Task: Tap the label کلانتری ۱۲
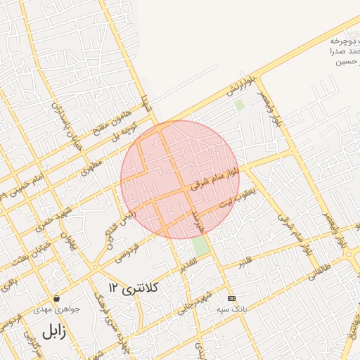pos(134,287)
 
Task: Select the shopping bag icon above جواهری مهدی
pos(56,298)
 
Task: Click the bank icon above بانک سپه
pos(231,297)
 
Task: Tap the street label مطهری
pos(91,166)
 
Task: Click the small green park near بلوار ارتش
pos(240,105)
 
